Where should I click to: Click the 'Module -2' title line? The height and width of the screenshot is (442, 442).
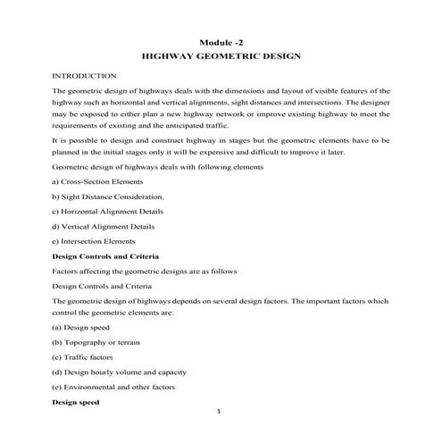221,42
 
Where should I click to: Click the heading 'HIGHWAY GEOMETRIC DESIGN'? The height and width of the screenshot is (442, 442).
221,56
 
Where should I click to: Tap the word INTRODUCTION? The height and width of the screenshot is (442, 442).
84,77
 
